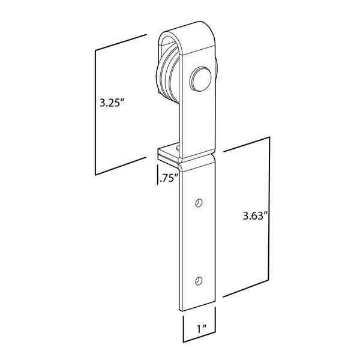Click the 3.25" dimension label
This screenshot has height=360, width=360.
point(112,103)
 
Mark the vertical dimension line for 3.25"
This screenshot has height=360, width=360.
point(96,111)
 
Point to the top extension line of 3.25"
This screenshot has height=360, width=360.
point(120,43)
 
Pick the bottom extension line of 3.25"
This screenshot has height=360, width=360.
point(120,166)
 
